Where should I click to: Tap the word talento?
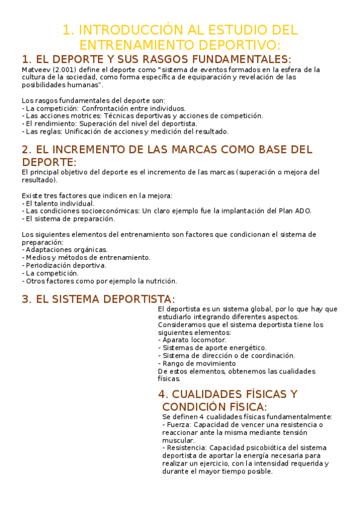coord(47,203)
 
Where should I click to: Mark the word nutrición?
coord(157,281)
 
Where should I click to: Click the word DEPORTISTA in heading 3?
coord(133,299)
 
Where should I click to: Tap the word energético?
coord(247,348)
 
